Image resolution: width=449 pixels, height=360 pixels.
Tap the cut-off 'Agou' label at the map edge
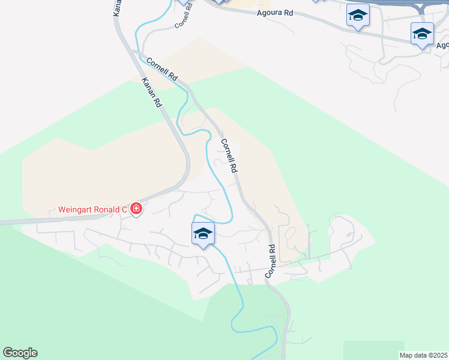[x=442, y=45]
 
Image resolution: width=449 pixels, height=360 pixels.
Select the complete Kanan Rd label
[x=152, y=92]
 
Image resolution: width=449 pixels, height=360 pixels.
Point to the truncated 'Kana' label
[x=117, y=7]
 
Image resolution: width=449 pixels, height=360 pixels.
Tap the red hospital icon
[x=136, y=209]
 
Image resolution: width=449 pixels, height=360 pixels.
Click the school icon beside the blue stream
[x=203, y=233]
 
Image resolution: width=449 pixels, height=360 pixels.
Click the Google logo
[x=20, y=353]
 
